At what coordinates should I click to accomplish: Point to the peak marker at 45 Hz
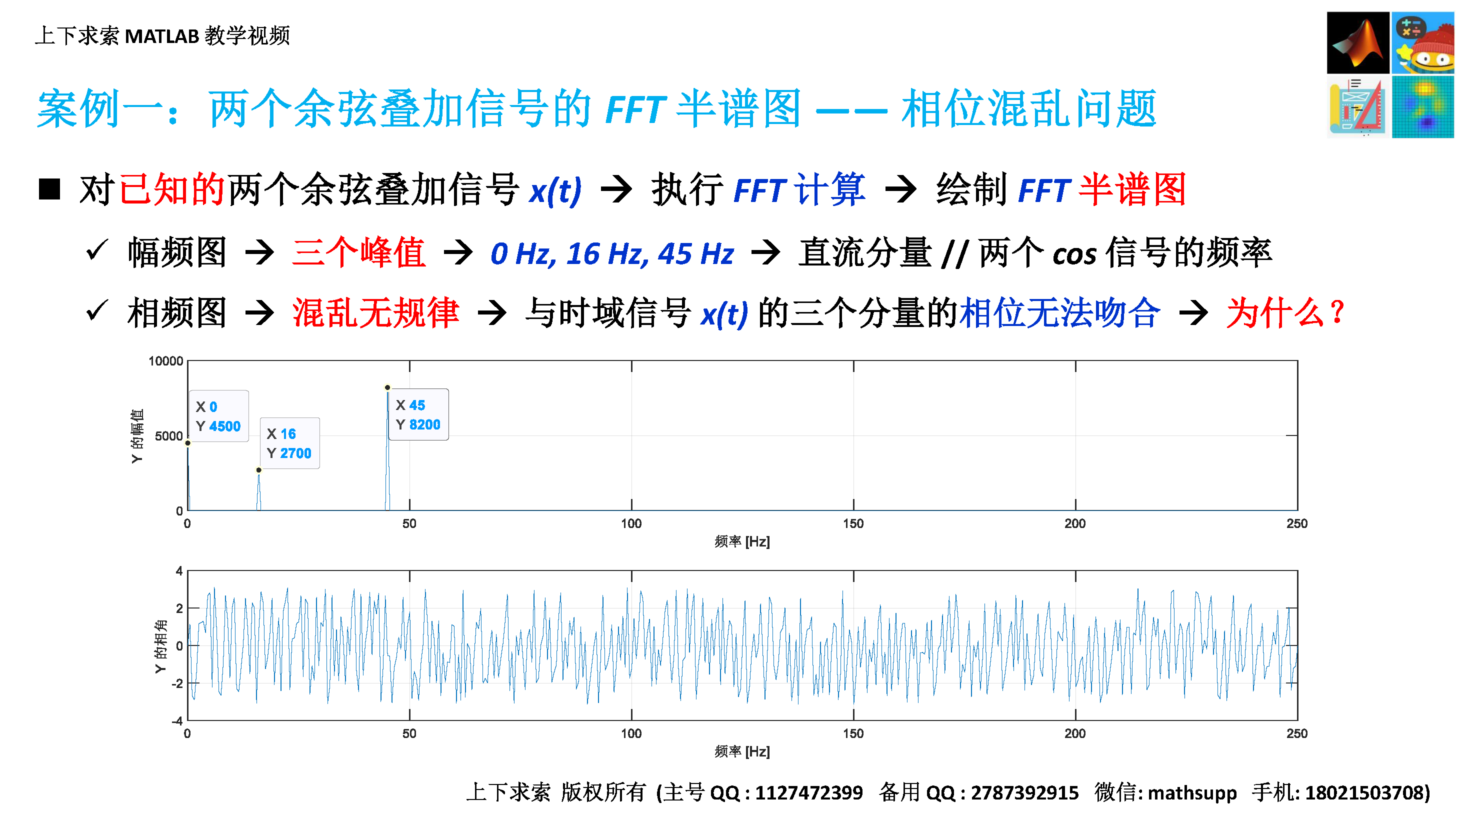tap(387, 387)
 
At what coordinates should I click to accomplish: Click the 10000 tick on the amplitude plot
tap(165, 361)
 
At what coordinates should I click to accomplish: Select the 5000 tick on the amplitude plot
tap(168, 436)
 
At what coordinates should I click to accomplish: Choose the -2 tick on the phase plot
tap(178, 683)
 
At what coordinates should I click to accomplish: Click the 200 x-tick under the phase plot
tap(1075, 733)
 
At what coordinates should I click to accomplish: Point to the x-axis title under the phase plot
tap(742, 751)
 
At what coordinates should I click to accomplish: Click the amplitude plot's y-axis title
tap(137, 436)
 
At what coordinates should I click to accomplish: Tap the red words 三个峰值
tap(359, 252)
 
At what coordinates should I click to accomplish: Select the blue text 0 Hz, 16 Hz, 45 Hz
tap(612, 253)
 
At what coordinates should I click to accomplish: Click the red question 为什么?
tap(1285, 312)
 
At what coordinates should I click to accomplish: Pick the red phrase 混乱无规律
tap(376, 312)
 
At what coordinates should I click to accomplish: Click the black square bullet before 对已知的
tap(49, 189)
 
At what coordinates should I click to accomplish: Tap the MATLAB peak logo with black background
tap(1357, 42)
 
